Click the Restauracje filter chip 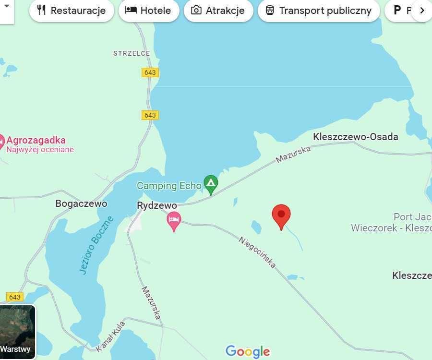71,11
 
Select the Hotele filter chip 148,11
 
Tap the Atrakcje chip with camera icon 218,11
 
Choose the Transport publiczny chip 319,11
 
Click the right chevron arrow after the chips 421,11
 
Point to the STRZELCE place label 132,53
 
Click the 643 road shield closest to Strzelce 150,72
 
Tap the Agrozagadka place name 36,141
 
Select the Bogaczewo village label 81,204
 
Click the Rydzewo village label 157,205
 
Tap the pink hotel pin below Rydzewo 174,220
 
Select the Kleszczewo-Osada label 355,137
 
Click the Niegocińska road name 257,252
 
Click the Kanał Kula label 110,336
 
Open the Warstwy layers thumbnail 18,332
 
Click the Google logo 248,352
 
